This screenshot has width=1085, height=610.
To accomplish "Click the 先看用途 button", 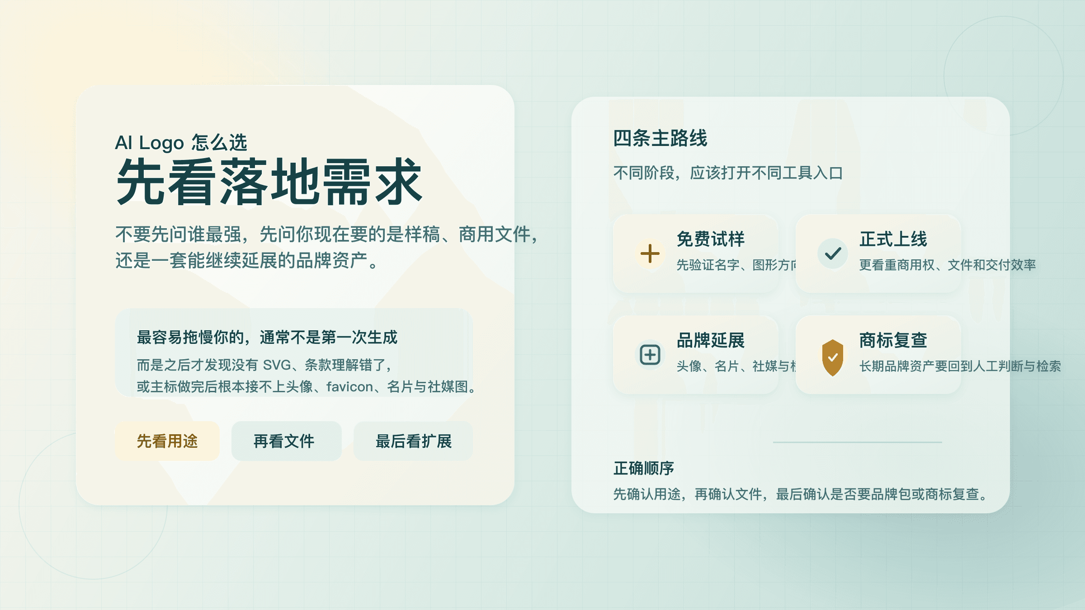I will point(167,441).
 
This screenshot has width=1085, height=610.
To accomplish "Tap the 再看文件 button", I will point(286,441).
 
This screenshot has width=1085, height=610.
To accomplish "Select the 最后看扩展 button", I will point(413,441).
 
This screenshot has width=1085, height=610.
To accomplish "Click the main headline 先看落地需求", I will point(269,182).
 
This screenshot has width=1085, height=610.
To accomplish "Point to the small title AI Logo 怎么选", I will point(181,142).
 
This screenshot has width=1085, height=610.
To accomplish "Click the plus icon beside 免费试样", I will point(650,253).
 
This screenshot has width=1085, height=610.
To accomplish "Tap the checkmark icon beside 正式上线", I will point(833,253).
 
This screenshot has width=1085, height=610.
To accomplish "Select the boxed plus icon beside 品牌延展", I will point(650,355).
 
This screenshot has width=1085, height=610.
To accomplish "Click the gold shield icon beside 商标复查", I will point(833,357).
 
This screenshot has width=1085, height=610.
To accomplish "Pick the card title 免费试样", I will point(710,239).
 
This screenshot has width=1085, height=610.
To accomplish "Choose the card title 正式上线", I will point(893,239).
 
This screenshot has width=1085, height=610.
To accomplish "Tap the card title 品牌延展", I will point(710,340).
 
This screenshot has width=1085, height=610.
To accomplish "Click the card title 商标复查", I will point(893,340).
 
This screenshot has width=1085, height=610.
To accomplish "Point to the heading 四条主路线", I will point(660,138).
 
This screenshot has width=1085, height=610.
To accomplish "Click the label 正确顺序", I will point(644,468).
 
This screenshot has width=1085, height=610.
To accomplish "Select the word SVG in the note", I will point(277,365).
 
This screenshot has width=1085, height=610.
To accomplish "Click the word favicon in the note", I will point(349,387).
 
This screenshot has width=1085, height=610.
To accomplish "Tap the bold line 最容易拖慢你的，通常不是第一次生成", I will point(267,337).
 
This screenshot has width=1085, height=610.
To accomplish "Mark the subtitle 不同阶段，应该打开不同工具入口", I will point(728,173).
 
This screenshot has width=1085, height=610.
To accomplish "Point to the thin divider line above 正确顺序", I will point(857,442).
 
